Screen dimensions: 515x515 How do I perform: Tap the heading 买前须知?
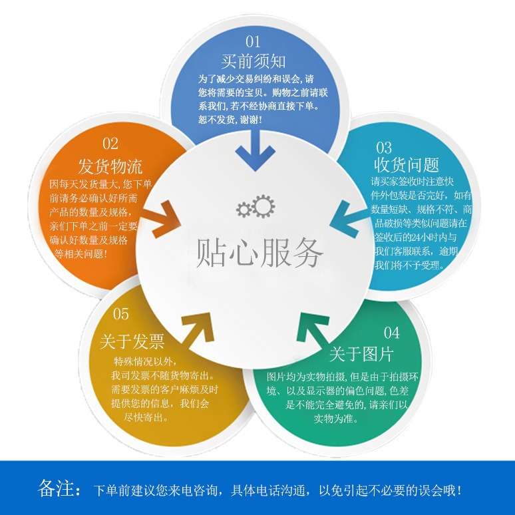(x=254, y=62)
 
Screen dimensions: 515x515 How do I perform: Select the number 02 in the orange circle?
(x=110, y=144)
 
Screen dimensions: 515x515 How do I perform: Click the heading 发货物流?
(x=110, y=165)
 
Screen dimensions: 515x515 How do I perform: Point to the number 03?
(x=384, y=147)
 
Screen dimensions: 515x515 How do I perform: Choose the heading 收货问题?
(x=407, y=164)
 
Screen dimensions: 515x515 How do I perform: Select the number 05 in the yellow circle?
(x=121, y=314)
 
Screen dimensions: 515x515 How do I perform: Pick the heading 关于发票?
(x=132, y=342)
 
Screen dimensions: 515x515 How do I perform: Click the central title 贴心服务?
(x=260, y=252)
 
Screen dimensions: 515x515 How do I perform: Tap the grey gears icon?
(x=256, y=207)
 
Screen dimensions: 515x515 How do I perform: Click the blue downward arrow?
(x=255, y=150)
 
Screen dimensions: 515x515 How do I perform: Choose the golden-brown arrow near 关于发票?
(x=198, y=329)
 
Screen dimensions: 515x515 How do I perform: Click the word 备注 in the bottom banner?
(x=59, y=489)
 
